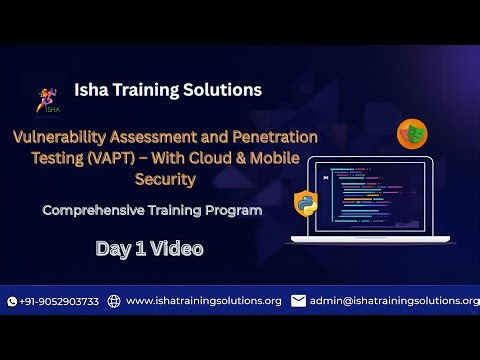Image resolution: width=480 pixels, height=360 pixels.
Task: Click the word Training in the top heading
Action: tap(155, 90)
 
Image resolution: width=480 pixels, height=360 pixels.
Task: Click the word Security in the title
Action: tap(165, 180)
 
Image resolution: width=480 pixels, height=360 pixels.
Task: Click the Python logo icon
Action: tap(306, 203)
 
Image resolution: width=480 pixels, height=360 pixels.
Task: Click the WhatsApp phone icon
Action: tap(12, 301)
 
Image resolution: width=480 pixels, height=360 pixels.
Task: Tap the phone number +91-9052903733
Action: tap(59, 301)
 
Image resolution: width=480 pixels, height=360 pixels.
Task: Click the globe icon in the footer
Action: tap(114, 301)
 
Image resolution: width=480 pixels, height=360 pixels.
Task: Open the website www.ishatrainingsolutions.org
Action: tap(204, 301)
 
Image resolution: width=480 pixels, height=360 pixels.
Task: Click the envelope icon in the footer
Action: tap(298, 301)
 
